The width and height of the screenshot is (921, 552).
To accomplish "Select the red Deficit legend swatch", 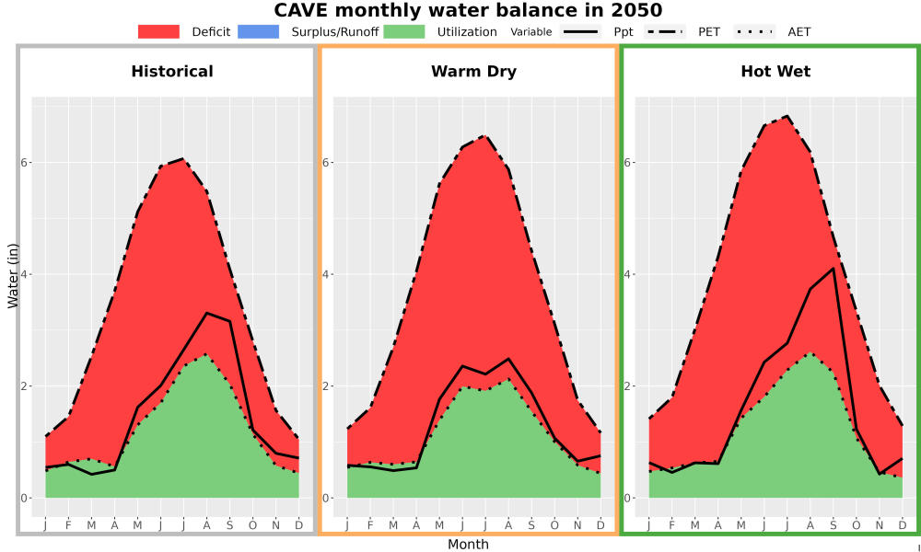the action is point(158,31).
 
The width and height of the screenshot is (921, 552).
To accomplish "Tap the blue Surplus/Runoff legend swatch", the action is point(259,31).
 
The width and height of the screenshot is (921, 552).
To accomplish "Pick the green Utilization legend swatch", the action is point(404,31).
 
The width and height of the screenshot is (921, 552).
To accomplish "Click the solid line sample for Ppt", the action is point(580,31).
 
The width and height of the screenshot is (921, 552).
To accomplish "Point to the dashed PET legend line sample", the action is point(665,31).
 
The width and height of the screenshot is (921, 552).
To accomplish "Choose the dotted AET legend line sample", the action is point(754,31).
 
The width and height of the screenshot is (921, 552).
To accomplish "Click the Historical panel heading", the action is point(172,72).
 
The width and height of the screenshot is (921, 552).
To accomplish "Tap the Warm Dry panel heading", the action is point(474,72).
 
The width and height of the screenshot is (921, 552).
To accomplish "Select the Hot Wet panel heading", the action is point(775,72).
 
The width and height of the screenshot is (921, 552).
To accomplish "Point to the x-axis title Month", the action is point(468,545).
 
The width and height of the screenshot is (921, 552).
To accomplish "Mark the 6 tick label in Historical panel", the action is point(25,163).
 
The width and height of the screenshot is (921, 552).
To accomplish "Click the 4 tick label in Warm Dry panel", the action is point(326,274).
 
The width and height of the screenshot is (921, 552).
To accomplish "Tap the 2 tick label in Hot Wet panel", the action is point(628,386).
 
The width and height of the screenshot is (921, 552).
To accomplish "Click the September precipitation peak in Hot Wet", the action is point(833,268).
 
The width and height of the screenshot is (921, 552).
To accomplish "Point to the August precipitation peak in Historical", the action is point(206,313).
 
